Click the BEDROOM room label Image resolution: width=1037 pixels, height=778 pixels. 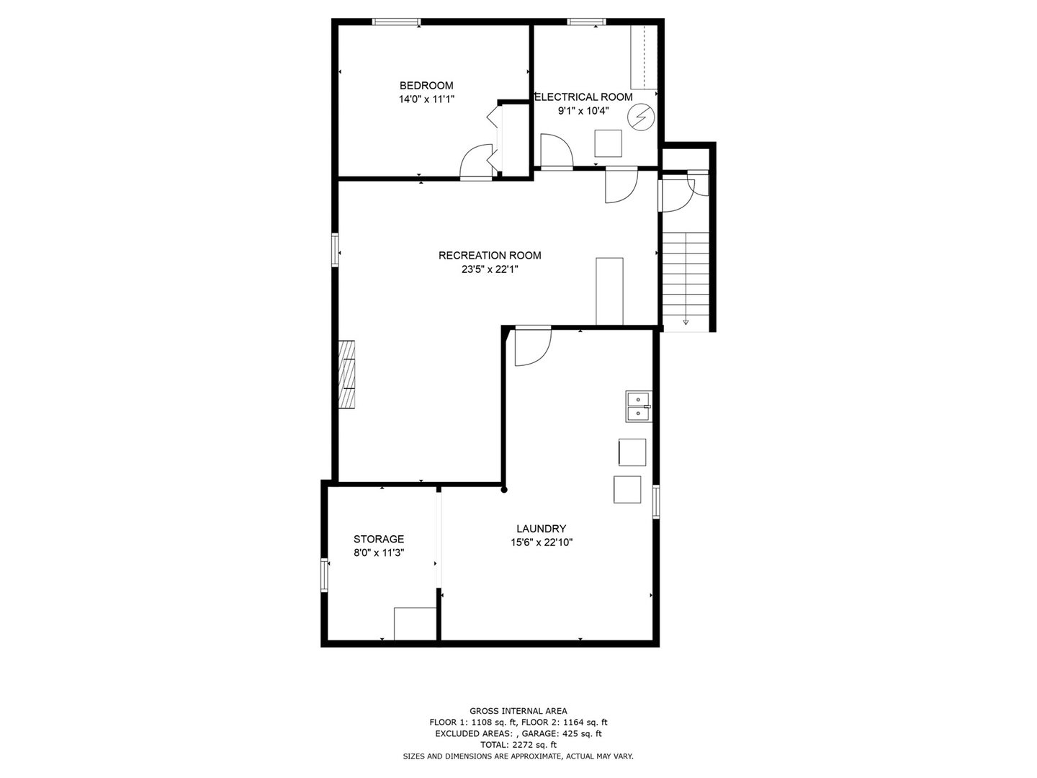click(426, 85)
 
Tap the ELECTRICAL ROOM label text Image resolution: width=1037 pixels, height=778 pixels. click(583, 97)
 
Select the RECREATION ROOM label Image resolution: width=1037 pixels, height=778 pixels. click(490, 255)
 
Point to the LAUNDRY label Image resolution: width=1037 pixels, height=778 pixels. click(541, 528)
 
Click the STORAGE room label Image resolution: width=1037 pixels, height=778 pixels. click(378, 539)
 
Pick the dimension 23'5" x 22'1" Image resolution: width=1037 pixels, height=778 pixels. click(490, 269)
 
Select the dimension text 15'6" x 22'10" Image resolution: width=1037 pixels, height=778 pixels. click(541, 542)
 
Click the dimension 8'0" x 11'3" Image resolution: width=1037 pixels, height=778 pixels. click(378, 553)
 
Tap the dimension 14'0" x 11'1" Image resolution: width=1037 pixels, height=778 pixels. click(426, 99)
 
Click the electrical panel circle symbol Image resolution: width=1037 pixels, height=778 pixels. click(639, 117)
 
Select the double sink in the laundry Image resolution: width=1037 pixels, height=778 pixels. click(638, 406)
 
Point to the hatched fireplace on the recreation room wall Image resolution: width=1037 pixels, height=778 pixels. click(348, 374)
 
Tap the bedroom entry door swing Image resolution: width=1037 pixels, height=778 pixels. click(475, 161)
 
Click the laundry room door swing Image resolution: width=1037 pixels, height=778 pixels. click(531, 346)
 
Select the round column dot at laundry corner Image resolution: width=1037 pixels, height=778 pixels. click(504, 490)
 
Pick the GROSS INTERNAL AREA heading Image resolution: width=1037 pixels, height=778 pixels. click(518, 710)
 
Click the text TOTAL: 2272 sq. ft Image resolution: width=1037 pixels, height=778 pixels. click(518, 744)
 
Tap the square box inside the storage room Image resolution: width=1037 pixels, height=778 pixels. click(415, 624)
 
